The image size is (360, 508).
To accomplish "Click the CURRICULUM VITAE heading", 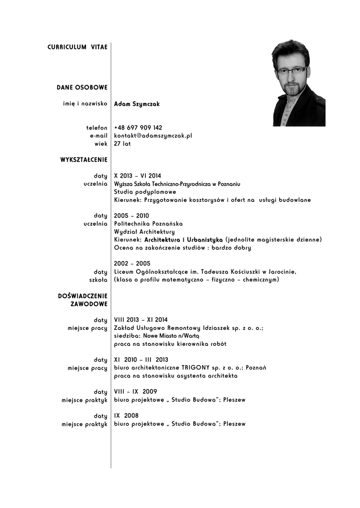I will [x=77, y=47].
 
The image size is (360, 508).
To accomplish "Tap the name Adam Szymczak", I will [x=137, y=104].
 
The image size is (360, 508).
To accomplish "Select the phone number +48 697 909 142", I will [x=138, y=127].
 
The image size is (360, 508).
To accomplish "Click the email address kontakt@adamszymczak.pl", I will [x=153, y=135].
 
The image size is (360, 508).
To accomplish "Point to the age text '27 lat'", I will [x=122, y=143].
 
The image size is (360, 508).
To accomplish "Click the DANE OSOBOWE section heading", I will [x=82, y=88].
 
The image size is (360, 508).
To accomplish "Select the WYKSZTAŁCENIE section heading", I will [x=84, y=160].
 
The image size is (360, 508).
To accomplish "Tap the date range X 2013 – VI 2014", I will [x=138, y=176].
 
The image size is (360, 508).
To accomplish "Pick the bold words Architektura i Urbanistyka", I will [x=183, y=240].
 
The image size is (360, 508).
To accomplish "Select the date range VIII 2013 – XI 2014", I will [x=141, y=320].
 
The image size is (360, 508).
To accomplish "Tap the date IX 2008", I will [x=126, y=416].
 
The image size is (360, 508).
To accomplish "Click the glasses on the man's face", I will [x=291, y=70].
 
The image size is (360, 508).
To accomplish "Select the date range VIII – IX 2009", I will [x=136, y=391].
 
